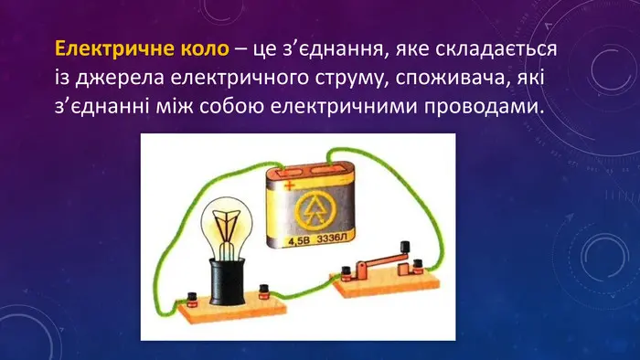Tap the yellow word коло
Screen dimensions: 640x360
(205, 49)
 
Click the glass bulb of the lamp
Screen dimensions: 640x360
(227, 228)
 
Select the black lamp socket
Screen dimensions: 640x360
(227, 282)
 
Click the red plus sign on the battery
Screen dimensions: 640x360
(290, 186)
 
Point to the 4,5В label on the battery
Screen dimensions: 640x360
(299, 241)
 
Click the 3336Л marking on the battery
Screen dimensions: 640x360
(331, 238)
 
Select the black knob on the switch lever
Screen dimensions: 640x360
(405, 247)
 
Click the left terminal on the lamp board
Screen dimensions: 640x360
(191, 300)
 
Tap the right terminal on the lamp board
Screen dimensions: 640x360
(264, 291)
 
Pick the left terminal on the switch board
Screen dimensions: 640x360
(347, 273)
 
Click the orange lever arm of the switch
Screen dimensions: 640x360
(382, 260)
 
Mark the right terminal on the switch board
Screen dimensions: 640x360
(417, 267)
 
